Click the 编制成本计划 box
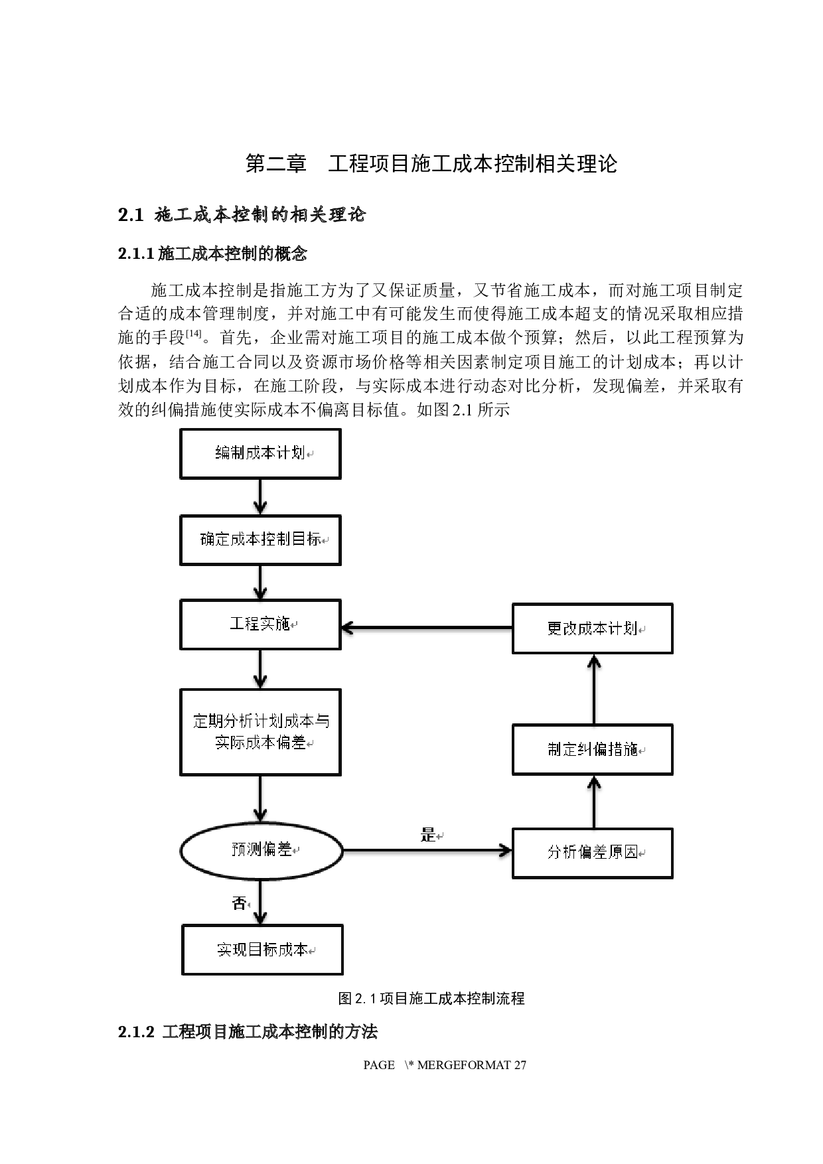tap(260, 453)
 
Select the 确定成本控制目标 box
tap(260, 540)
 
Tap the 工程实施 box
tap(260, 624)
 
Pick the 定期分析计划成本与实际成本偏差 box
tap(260, 731)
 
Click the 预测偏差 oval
tap(262, 850)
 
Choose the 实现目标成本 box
tap(262, 950)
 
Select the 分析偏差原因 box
tap(592, 853)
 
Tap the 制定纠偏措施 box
tap(592, 750)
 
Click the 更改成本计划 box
tap(592, 628)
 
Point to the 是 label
tap(428, 836)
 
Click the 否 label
tap(239, 903)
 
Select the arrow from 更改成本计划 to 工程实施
tap(426, 628)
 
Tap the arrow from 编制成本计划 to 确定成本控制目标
tap(260, 496)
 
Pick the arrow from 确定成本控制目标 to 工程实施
tap(260, 582)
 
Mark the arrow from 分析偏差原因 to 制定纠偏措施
tap(594, 802)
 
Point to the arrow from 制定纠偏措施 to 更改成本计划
tap(594, 689)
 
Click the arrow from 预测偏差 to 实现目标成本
tap(260, 903)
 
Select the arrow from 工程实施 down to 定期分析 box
tap(260, 669)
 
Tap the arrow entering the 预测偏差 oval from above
tap(260, 798)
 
